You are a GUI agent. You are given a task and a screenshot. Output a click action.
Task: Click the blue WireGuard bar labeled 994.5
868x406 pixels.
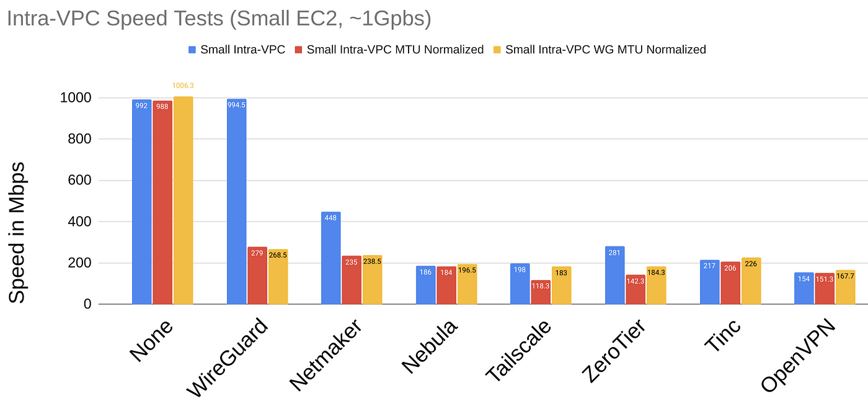coord(236,202)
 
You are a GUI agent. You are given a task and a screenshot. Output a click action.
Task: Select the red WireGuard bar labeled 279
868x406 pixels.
coord(257,276)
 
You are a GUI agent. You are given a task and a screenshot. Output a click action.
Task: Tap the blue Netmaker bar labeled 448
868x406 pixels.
coord(331,258)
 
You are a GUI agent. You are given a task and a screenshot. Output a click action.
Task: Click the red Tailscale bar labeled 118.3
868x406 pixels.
coord(540,292)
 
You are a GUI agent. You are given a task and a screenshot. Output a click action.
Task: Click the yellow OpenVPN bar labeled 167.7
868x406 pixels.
coord(845,287)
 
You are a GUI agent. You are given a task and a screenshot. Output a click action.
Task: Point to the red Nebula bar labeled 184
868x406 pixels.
coord(446,286)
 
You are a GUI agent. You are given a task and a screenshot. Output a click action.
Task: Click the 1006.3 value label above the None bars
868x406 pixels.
coord(183,86)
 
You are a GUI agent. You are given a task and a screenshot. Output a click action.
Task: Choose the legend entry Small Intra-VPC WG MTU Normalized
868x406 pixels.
coord(604,50)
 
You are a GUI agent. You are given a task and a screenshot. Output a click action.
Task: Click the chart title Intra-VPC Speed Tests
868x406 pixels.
coord(218,19)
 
